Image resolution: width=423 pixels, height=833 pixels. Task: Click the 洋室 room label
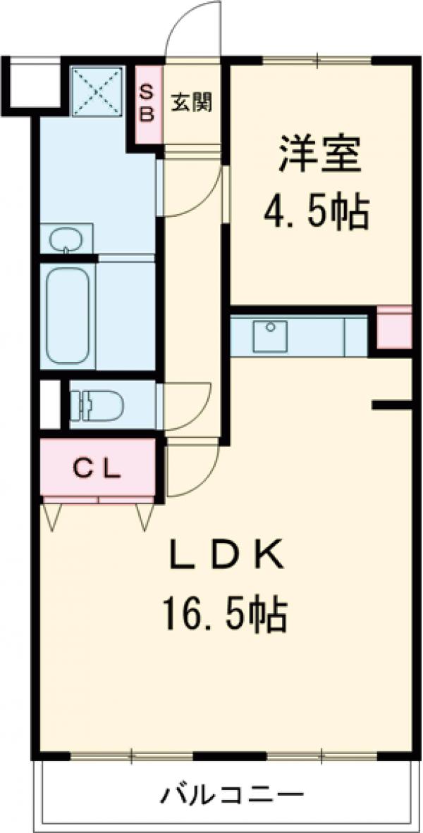319,156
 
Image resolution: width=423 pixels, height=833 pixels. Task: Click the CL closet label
99,467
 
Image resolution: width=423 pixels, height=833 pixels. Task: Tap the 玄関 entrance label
191,103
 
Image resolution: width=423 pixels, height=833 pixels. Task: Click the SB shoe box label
147,103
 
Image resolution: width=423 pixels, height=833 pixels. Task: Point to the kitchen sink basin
270,335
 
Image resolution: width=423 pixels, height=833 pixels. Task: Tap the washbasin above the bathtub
67,239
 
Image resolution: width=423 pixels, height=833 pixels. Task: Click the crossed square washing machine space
99,89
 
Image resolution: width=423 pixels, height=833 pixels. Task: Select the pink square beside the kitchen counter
395,327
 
